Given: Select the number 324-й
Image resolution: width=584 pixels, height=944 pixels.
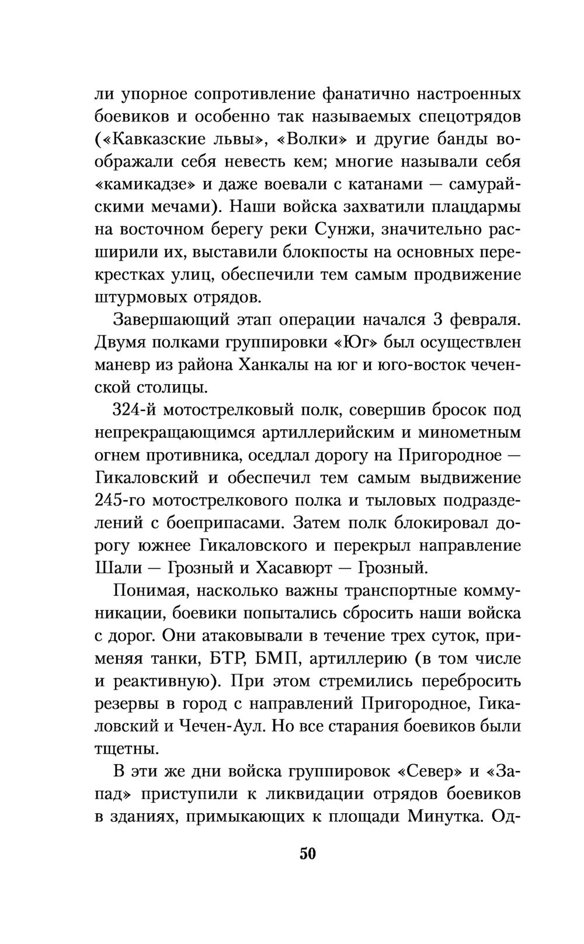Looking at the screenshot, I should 134,411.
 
